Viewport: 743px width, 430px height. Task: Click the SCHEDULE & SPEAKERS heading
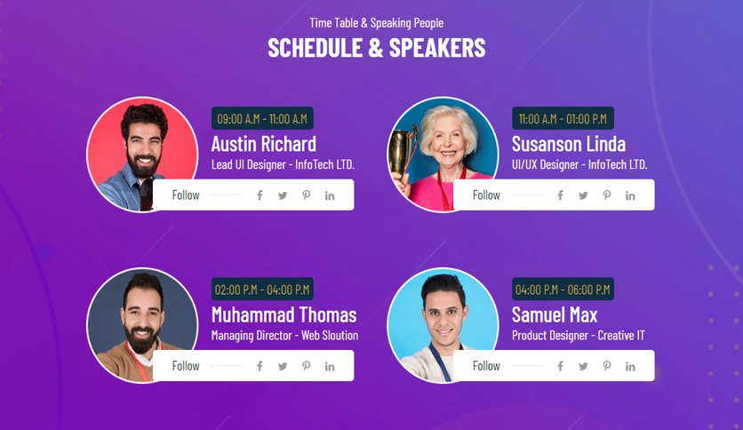pyautogui.click(x=377, y=48)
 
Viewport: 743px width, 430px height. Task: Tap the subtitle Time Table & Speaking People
pyautogui.click(x=377, y=23)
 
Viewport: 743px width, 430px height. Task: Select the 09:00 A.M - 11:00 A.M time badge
pyautogui.click(x=262, y=118)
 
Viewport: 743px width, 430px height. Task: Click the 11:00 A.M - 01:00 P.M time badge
pyautogui.click(x=563, y=118)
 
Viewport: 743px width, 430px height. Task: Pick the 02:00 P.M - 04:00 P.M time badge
pyautogui.click(x=262, y=289)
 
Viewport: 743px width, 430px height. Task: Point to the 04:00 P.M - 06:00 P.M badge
pyautogui.click(x=563, y=289)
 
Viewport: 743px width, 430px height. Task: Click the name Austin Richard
pyautogui.click(x=264, y=144)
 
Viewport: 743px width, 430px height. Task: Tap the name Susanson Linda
pyautogui.click(x=569, y=144)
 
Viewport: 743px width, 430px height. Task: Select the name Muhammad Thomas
pyautogui.click(x=284, y=315)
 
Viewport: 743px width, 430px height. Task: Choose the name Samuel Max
pyautogui.click(x=555, y=315)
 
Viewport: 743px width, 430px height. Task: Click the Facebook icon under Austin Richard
pyautogui.click(x=260, y=195)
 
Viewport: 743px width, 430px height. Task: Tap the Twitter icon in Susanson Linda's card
pyautogui.click(x=583, y=195)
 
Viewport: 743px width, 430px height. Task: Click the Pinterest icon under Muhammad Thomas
pyautogui.click(x=307, y=366)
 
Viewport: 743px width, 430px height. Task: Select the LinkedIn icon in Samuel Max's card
pyautogui.click(x=630, y=366)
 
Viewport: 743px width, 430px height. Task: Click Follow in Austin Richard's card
pyautogui.click(x=186, y=195)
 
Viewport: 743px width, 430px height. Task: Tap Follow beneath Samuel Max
pyautogui.click(x=486, y=366)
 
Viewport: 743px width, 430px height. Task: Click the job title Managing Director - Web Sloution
pyautogui.click(x=284, y=335)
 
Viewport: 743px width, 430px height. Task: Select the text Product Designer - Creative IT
pyautogui.click(x=578, y=335)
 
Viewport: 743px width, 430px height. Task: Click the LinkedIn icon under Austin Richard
pyautogui.click(x=330, y=195)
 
